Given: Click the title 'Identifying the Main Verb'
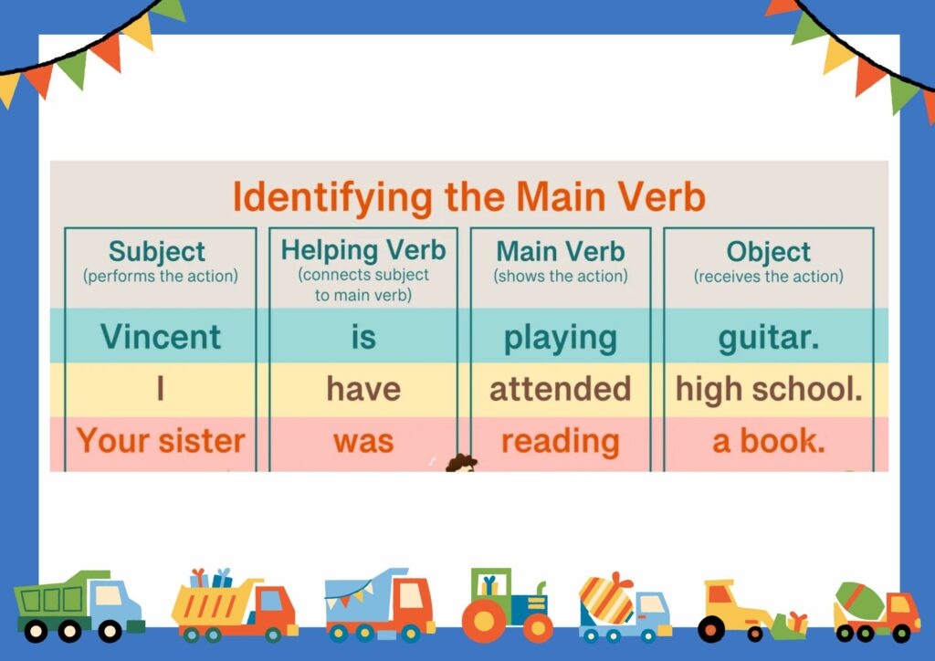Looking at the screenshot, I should (x=468, y=197).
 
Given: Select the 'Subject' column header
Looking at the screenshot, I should (x=157, y=251).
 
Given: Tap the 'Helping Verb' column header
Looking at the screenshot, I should (x=363, y=250).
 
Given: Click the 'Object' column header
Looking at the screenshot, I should (x=768, y=251).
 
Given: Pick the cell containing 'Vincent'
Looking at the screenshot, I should (x=161, y=337).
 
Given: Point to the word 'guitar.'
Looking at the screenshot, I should (x=768, y=337).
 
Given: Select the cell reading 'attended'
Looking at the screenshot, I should (x=560, y=389).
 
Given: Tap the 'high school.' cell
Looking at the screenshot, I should (x=769, y=389).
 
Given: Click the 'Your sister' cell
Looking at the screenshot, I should (x=161, y=441).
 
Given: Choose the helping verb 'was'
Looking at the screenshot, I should (x=363, y=441).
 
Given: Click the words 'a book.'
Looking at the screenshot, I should (x=768, y=441).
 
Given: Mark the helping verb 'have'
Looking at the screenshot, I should (x=363, y=389).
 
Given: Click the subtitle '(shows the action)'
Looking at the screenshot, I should (x=560, y=276).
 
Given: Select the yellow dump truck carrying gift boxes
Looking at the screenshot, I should (x=234, y=606).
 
